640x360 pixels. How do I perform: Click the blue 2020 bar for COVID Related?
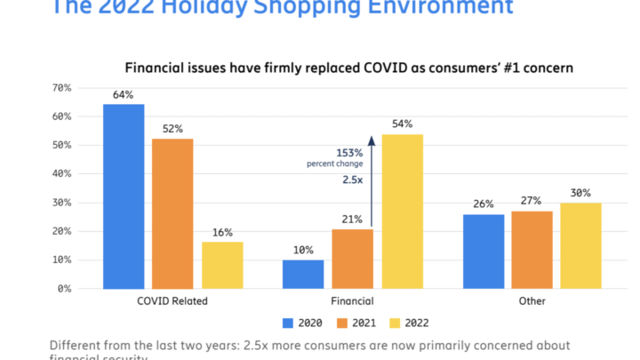pyautogui.click(x=124, y=196)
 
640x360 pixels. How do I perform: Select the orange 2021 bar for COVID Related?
pyautogui.click(x=172, y=213)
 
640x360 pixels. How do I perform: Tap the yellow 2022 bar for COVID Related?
pyautogui.click(x=222, y=265)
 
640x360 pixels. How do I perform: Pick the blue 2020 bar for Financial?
pyautogui.click(x=303, y=274)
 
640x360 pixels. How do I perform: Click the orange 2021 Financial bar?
pyautogui.click(x=352, y=259)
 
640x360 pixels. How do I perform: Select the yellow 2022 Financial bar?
pyautogui.click(x=402, y=211)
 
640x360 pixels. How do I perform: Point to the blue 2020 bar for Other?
pyautogui.click(x=484, y=252)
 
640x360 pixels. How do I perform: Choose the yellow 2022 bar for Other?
pyautogui.click(x=581, y=245)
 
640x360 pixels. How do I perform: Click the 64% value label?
pyautogui.click(x=124, y=94)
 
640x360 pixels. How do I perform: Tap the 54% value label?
pyautogui.click(x=402, y=124)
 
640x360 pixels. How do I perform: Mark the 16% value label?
pyautogui.click(x=222, y=232)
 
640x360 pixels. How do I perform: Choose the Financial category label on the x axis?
pyautogui.click(x=352, y=301)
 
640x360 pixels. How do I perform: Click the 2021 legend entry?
pyautogui.click(x=359, y=324)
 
